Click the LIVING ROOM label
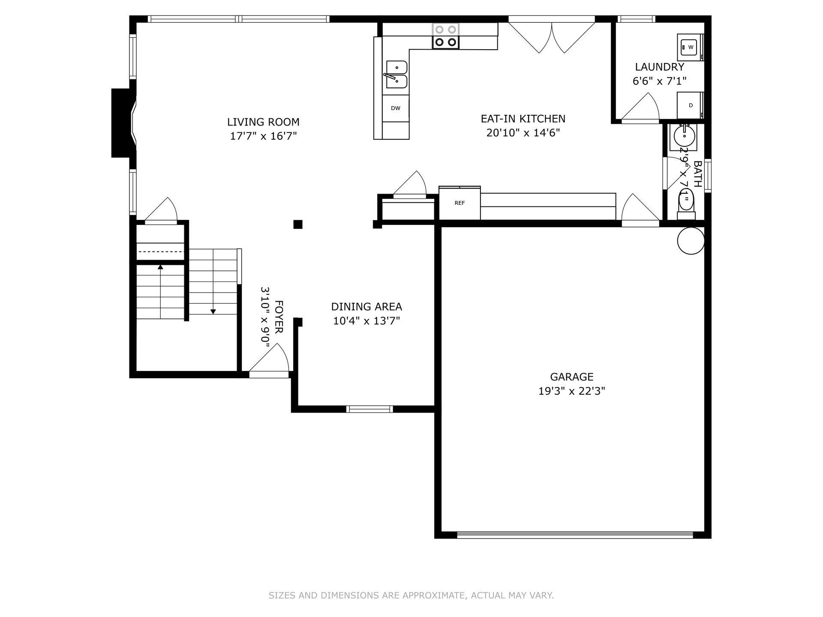tap(263, 122)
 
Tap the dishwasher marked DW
tap(396, 108)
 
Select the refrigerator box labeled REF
tap(460, 203)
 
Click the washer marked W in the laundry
tap(690, 47)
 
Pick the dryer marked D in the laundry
tap(690, 105)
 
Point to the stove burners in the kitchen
tap(446, 36)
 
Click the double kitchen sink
tap(396, 74)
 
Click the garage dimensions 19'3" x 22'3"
tap(572, 391)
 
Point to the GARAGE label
tap(572, 377)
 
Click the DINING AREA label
tap(366, 307)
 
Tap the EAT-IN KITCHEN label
tap(523, 119)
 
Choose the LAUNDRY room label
tap(660, 67)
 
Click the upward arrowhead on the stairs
tap(160, 267)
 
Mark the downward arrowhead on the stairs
tap(213, 311)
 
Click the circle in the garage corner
tap(691, 241)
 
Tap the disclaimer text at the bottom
tap(411, 595)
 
